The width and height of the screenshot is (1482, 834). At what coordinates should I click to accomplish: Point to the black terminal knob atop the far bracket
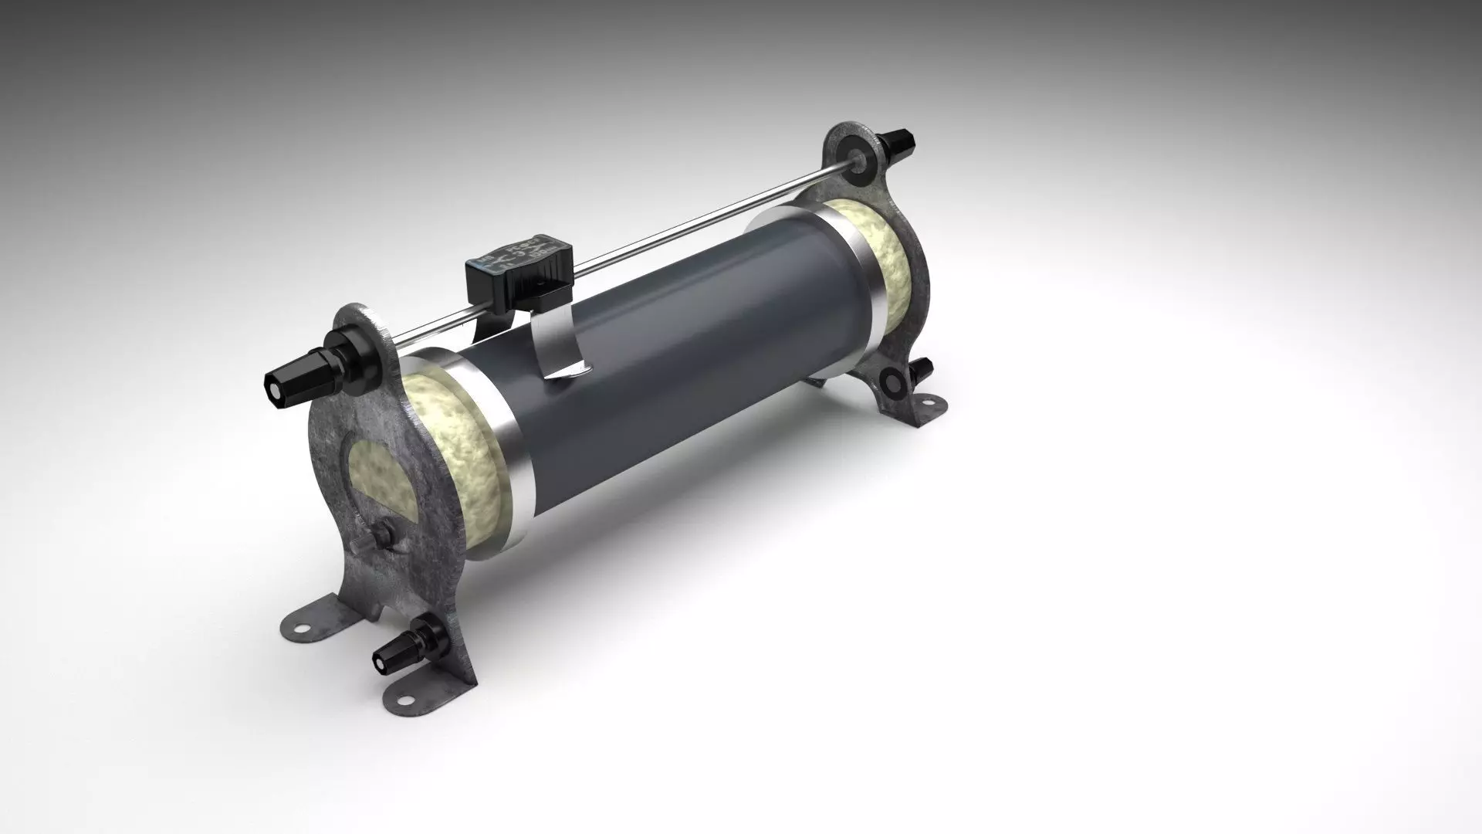897,145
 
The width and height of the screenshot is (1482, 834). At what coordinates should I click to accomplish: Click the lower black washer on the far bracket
894,379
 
